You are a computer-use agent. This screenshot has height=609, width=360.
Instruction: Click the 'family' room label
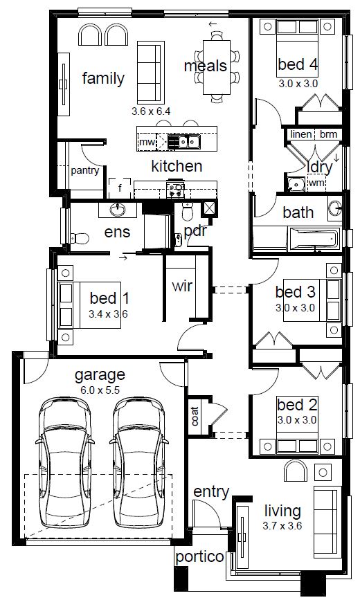(x=103, y=78)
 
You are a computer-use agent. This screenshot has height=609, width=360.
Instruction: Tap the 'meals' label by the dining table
(x=206, y=66)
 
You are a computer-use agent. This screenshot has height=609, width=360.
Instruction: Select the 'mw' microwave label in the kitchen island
(x=147, y=142)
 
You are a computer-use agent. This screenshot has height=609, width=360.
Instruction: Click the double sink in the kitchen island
(x=184, y=142)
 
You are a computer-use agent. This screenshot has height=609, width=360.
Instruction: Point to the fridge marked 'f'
(x=120, y=188)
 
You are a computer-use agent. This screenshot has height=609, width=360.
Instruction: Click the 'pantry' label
(x=84, y=170)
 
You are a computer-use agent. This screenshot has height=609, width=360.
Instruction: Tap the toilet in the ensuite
(x=80, y=238)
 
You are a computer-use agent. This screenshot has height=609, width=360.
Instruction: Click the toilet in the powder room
(x=187, y=211)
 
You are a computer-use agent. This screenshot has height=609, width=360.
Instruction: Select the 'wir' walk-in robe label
(x=182, y=287)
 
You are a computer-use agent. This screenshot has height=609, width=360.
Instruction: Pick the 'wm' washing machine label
(x=316, y=183)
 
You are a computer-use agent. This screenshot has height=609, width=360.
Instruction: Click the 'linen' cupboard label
(x=301, y=134)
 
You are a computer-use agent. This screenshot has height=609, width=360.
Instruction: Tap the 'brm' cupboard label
(x=329, y=134)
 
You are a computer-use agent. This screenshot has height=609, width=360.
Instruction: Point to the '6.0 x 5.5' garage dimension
(x=100, y=390)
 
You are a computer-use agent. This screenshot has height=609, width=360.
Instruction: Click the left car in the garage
(x=65, y=462)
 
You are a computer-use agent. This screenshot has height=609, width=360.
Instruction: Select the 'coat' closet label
(x=195, y=416)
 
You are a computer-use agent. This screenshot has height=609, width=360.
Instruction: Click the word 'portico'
(x=199, y=557)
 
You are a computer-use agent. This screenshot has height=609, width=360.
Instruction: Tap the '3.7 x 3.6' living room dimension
(x=282, y=526)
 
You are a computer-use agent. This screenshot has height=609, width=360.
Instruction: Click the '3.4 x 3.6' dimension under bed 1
(x=109, y=313)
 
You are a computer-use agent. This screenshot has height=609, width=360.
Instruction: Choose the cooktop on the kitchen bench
(x=175, y=190)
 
